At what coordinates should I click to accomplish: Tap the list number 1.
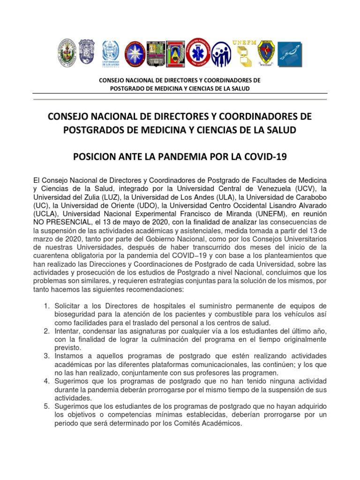click(46, 306)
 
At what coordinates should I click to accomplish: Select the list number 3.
click(46, 356)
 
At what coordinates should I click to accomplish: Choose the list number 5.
click(46, 406)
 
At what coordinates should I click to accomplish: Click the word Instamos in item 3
click(70, 356)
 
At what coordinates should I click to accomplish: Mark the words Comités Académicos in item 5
click(210, 423)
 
